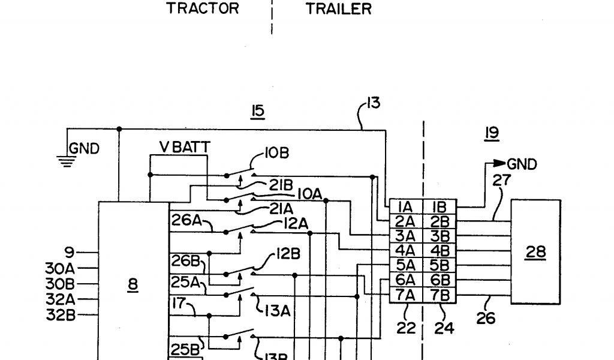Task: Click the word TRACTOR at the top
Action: pos(203,9)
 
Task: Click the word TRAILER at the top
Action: pos(339,10)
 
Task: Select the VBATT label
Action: pos(180,147)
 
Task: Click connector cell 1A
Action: pos(405,207)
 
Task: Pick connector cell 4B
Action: pos(440,250)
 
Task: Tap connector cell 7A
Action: pos(405,295)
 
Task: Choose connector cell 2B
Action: pos(440,221)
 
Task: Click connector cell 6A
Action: pos(405,280)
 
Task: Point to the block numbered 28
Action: pos(535,252)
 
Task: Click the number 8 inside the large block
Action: pos(133,287)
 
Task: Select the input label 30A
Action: pos(60,268)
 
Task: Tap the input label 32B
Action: pos(60,314)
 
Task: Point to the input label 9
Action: pos(70,253)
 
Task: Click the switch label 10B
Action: pos(276,154)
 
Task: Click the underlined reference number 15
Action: pos(258,111)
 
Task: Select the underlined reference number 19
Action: pos(492,133)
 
